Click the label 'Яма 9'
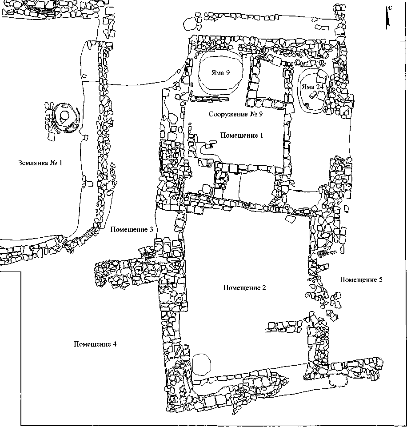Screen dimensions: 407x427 click(x=220, y=73)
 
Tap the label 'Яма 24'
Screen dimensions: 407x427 click(x=313, y=87)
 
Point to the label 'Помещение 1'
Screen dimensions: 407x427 click(x=242, y=136)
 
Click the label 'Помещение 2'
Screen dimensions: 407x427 click(x=244, y=288)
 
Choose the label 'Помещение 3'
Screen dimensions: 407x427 click(x=132, y=230)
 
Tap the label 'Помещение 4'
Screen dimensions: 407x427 click(x=96, y=344)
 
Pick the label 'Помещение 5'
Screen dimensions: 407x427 click(x=361, y=279)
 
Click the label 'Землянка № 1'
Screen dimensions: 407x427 click(x=40, y=163)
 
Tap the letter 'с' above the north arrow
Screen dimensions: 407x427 click(x=390, y=8)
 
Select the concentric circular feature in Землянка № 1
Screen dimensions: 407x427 click(x=64, y=117)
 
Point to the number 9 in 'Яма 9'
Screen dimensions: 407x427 click(x=228, y=73)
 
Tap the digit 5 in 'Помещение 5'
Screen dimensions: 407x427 click(x=380, y=279)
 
